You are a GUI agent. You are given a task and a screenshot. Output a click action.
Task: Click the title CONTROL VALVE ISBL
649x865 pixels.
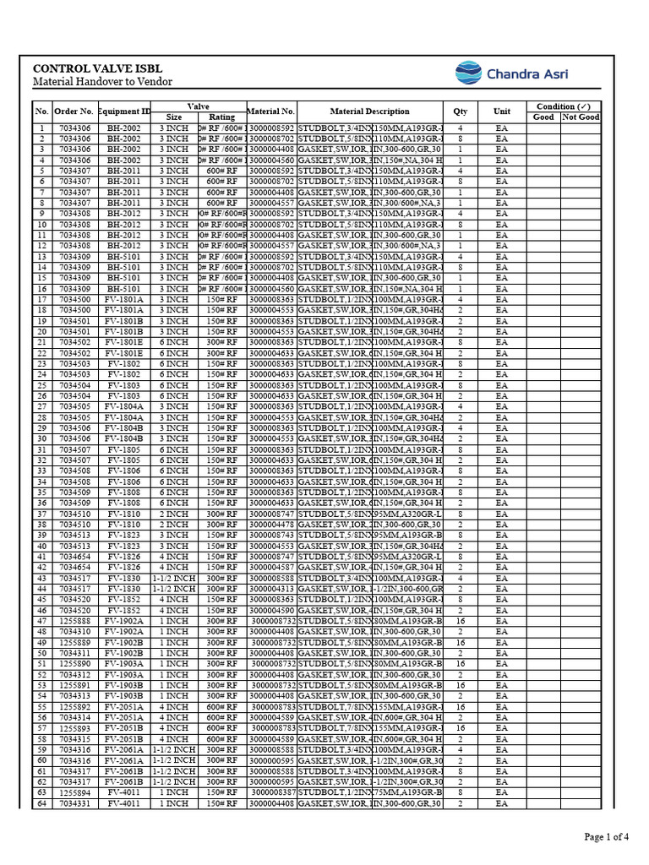point(97,68)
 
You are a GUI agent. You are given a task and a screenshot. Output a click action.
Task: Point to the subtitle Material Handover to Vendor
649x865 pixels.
point(102,82)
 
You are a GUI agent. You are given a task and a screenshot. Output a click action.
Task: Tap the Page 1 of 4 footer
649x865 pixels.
point(607,837)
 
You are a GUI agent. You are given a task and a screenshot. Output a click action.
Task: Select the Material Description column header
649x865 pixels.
point(369,112)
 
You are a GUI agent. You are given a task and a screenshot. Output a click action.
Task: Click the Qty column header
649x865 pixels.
point(460,112)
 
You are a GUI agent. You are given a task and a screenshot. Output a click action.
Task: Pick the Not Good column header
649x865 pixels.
point(581,117)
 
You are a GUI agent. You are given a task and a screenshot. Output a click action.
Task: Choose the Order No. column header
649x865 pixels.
point(74,112)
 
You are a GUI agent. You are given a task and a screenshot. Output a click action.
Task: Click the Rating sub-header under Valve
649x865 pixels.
point(222,117)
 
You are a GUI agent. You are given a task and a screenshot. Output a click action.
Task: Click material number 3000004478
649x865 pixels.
point(271,524)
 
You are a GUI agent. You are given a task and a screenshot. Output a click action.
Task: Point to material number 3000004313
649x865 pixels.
point(271,589)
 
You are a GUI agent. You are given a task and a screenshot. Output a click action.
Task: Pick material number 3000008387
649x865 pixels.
point(273,792)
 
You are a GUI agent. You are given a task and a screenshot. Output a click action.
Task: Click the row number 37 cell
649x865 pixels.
point(42,514)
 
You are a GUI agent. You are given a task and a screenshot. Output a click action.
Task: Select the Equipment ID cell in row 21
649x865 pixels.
point(124,342)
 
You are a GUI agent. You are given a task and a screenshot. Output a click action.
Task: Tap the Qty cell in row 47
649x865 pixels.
point(460,621)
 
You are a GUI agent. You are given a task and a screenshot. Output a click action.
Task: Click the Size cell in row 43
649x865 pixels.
point(174,578)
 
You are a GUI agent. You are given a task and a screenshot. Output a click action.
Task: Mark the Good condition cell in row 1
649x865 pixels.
point(543,128)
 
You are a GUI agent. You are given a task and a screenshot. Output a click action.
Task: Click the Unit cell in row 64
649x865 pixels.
point(502,803)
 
